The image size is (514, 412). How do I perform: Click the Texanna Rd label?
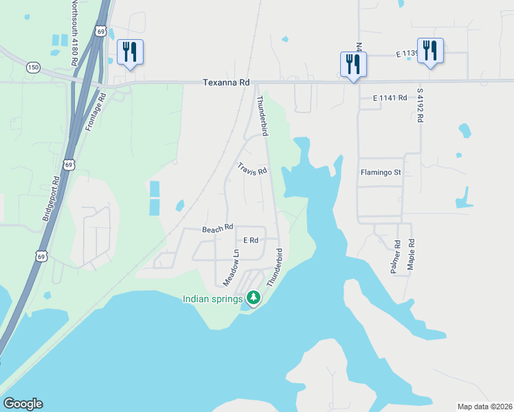[225, 82]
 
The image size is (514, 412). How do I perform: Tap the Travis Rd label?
[252, 169]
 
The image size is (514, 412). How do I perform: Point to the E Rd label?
[251, 240]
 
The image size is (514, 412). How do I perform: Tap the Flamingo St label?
[380, 172]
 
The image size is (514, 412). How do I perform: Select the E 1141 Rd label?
[390, 98]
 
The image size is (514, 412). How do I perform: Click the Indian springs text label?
[212, 298]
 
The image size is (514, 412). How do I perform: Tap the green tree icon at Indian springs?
[254, 297]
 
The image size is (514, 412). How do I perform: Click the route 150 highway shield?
[34, 67]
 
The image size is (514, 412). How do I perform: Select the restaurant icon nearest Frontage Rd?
[130, 52]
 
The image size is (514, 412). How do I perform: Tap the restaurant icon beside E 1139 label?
[430, 50]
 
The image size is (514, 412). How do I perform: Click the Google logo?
[23, 404]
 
